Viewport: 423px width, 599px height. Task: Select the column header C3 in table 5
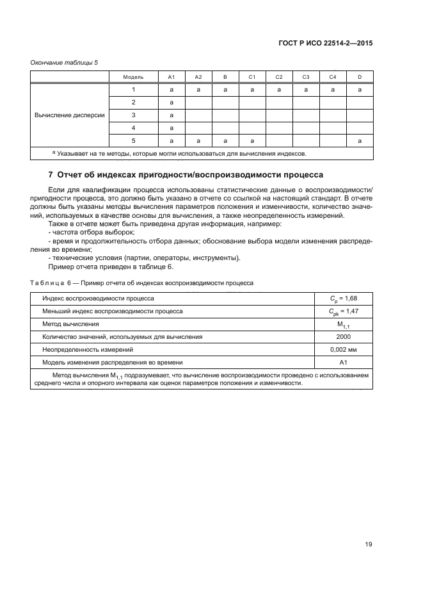coord(306,77)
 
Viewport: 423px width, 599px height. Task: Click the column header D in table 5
coord(360,77)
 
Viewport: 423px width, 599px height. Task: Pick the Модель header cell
coord(133,77)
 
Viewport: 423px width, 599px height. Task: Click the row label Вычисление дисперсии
coord(70,115)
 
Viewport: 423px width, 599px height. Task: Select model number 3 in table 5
coord(133,115)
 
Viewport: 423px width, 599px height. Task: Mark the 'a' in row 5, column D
coord(360,140)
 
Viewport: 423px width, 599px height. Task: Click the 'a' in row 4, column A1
coord(172,128)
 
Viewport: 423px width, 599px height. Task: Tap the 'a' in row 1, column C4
coord(333,90)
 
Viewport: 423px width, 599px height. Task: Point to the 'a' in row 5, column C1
coord(252,140)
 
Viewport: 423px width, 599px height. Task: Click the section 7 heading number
coord(51,175)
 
